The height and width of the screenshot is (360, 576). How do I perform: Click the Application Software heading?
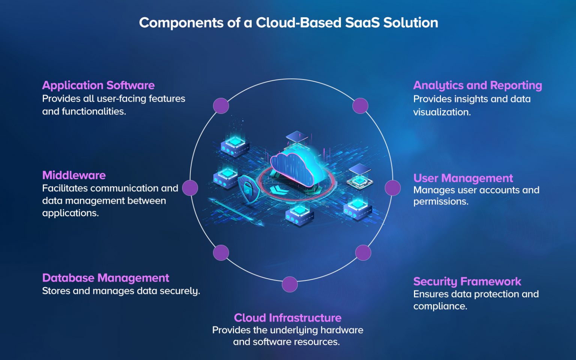[x=98, y=85]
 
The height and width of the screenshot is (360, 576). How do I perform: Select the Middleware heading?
[x=74, y=175]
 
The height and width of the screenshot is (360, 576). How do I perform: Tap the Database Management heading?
[x=105, y=278]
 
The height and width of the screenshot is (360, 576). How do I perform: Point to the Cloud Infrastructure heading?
[x=288, y=318]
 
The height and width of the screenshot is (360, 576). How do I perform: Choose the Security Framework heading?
[x=467, y=281]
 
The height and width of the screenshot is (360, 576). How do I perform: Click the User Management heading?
[x=463, y=178]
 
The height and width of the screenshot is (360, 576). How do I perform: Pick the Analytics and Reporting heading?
[x=477, y=85]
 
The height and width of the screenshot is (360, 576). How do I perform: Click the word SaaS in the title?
[x=362, y=22]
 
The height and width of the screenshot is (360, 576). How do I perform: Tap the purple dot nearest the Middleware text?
[x=190, y=188]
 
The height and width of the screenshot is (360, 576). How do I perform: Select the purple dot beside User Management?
[x=393, y=188]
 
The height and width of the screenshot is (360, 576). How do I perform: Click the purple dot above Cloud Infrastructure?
[x=289, y=284]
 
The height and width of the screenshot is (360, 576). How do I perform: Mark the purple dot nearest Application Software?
[x=221, y=106]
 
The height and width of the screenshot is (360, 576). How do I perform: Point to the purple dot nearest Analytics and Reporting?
[x=360, y=106]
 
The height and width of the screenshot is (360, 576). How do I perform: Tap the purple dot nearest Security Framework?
[x=363, y=253]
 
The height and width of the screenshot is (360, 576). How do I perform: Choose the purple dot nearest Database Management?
[x=221, y=253]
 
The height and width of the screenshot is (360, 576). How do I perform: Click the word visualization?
[x=442, y=112]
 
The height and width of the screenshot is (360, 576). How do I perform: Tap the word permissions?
[x=441, y=202]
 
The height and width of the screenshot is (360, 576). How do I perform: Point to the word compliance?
[x=440, y=306]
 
